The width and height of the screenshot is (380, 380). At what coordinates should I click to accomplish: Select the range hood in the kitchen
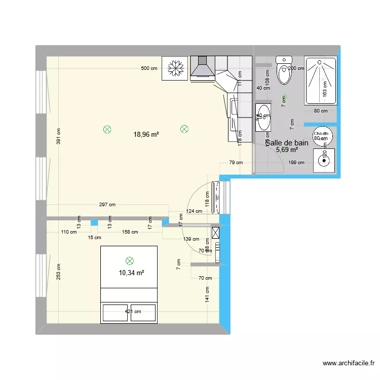pyautogui.click(x=203, y=68)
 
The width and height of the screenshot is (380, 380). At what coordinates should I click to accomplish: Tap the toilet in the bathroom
pyautogui.click(x=284, y=71)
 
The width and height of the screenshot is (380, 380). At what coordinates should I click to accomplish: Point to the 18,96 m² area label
pyautogui.click(x=146, y=134)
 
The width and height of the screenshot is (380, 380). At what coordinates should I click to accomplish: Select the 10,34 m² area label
pyautogui.click(x=131, y=273)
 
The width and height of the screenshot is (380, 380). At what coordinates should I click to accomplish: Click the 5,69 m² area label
pyautogui.click(x=287, y=150)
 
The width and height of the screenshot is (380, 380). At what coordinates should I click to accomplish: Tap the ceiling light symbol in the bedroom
pyautogui.click(x=129, y=260)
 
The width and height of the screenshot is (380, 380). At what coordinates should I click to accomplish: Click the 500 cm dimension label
pyautogui.click(x=149, y=68)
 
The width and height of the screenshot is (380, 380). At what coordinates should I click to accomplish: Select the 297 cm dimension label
pyautogui.click(x=107, y=205)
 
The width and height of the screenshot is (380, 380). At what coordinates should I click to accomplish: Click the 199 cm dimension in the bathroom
pyautogui.click(x=297, y=163)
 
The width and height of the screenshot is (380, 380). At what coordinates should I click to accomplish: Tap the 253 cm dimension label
pyautogui.click(x=58, y=273)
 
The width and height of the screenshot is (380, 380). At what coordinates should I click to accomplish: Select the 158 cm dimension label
pyautogui.click(x=130, y=232)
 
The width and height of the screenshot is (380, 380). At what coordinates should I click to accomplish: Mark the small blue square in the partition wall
pyautogui.click(x=94, y=222)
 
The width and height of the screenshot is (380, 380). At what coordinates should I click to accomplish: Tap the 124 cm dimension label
pyautogui.click(x=194, y=211)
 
